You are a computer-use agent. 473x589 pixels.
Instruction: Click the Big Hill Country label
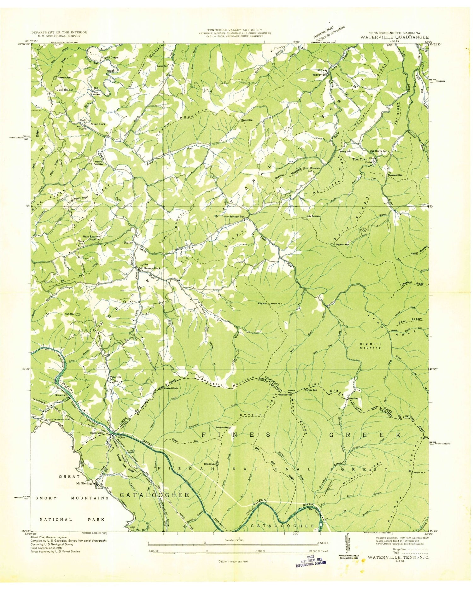pos(370,346)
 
